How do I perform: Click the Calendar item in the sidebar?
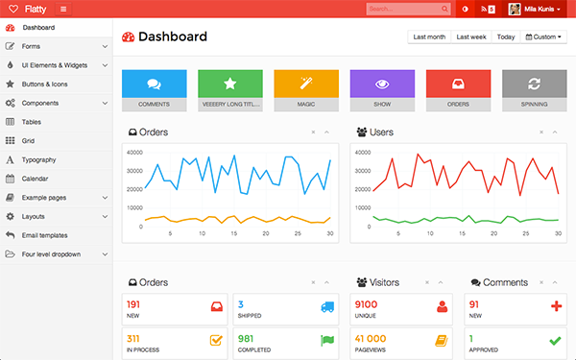tap(36, 178)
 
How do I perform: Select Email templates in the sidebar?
tap(45, 235)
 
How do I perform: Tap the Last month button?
tap(429, 36)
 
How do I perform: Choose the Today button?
tap(506, 36)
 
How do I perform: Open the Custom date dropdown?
tap(545, 36)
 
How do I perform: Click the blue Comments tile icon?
tap(154, 84)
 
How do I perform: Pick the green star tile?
tap(229, 84)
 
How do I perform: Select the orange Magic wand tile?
tap(305, 84)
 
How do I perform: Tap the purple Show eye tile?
tap(381, 84)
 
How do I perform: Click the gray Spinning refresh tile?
tap(534, 84)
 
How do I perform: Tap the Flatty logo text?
tap(36, 9)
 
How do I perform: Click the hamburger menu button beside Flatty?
tap(63, 9)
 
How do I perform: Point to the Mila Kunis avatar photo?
tap(515, 9)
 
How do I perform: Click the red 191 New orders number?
tap(133, 304)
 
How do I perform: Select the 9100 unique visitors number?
tap(366, 304)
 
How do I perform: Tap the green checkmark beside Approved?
tap(555, 340)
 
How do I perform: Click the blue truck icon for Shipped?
tap(327, 306)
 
